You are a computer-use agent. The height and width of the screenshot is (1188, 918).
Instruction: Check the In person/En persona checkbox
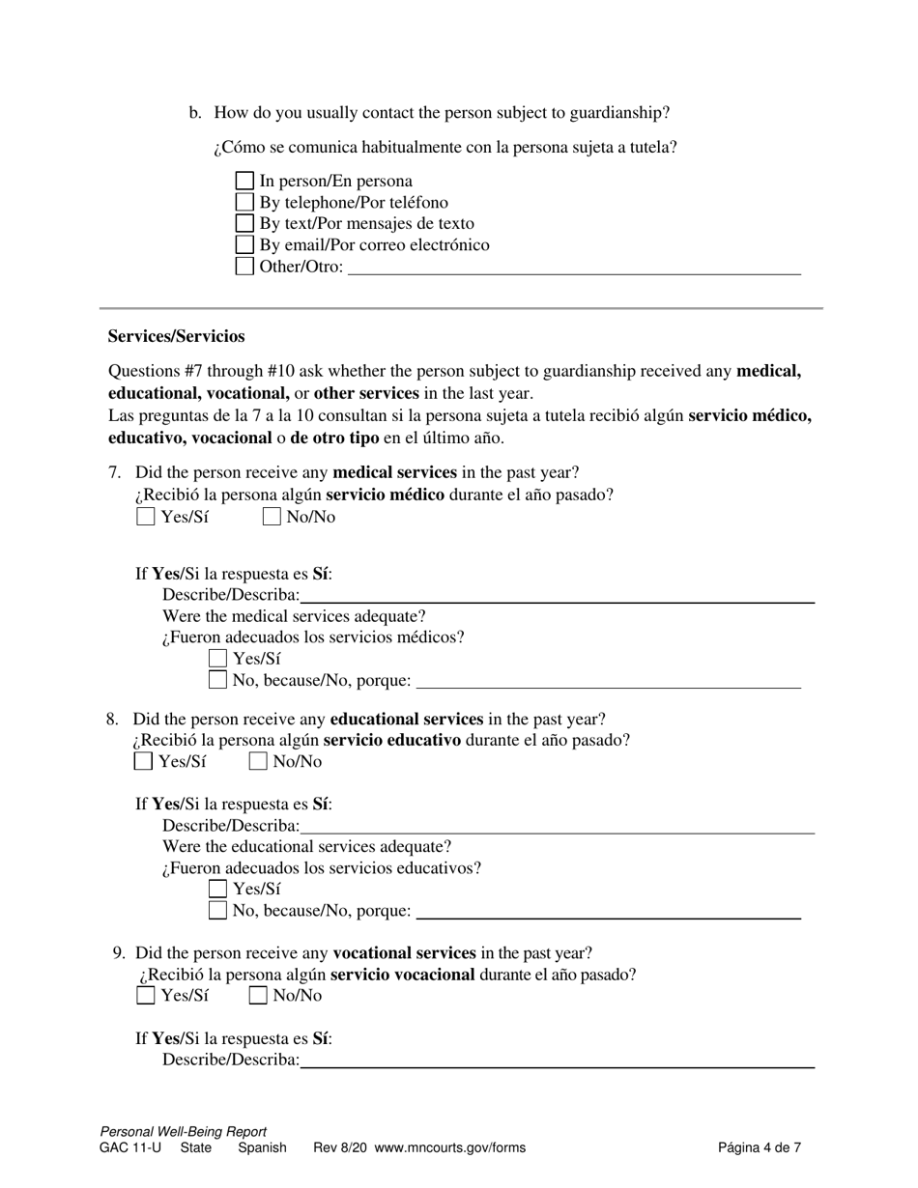point(245,182)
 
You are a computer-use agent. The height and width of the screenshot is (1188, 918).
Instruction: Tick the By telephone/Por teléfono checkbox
point(245,203)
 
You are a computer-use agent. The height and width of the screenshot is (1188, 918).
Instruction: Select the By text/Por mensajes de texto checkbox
point(245,224)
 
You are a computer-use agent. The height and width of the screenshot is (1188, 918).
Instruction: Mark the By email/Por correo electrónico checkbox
point(245,245)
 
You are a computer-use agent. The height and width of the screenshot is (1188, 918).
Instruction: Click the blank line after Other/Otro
point(574,268)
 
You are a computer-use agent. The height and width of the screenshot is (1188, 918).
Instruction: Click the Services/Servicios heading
point(176,336)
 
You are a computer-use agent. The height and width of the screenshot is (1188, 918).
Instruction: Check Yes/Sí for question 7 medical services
point(146,517)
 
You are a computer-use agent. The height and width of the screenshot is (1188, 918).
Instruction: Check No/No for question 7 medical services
point(272,517)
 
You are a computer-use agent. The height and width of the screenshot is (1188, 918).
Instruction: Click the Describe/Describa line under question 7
point(557,596)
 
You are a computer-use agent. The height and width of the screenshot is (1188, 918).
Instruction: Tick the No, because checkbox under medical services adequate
point(218,680)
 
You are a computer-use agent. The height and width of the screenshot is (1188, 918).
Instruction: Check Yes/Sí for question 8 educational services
point(143,761)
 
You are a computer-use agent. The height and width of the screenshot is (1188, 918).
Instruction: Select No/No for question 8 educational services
point(258,761)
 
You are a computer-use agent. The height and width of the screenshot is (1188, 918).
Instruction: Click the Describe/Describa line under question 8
point(557,826)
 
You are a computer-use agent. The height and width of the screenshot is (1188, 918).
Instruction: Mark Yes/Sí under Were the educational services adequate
point(218,889)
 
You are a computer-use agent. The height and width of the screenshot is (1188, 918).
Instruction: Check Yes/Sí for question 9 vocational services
point(146,996)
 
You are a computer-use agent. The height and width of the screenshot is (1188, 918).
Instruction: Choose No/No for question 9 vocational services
point(258,996)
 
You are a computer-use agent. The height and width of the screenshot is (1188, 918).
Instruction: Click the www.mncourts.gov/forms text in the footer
point(449,1148)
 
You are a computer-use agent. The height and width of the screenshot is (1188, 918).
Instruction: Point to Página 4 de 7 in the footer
point(759,1148)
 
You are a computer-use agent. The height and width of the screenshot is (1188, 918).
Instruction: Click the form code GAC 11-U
point(130,1148)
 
